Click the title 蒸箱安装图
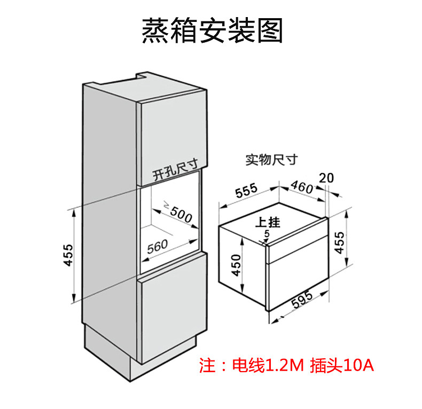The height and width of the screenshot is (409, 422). point(212,30)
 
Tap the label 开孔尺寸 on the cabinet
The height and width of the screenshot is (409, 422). point(175,170)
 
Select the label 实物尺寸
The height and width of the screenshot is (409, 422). point(271,160)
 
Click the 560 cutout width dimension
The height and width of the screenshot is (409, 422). point(158,247)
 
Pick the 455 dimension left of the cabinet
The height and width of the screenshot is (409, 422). point(68,255)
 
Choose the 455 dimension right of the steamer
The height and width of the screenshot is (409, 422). point(339,242)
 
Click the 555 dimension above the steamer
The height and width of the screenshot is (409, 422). point(246,190)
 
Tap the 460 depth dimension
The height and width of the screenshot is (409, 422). point(302,186)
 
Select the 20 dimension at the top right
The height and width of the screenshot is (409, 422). point(326,178)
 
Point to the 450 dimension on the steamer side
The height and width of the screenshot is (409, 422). point(236,265)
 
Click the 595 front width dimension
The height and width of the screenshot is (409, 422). point(302,299)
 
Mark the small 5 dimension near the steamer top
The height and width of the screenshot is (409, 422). point(267,234)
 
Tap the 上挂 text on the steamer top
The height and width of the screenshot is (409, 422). point(268,222)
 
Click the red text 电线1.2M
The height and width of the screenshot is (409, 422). point(268,365)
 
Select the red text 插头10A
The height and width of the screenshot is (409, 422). point(342,365)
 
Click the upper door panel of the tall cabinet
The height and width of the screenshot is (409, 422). point(172,137)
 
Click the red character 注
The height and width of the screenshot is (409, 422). point(207,365)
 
